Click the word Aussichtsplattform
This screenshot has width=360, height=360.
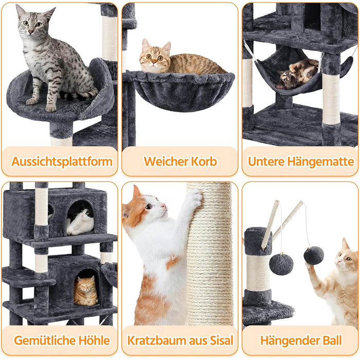(62, 161)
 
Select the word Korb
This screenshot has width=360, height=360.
(204, 161)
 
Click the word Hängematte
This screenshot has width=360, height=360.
(321, 161)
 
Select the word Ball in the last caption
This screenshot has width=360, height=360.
(332, 340)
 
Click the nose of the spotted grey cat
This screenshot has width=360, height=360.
(30, 32)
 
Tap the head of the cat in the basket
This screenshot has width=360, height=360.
(155, 56)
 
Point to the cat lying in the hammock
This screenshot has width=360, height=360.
(297, 74)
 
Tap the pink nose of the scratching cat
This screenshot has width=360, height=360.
(164, 205)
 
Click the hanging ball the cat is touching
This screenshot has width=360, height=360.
(314, 255)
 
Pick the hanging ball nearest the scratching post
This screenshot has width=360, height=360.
(281, 264)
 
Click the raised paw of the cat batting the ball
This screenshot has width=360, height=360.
(309, 266)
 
